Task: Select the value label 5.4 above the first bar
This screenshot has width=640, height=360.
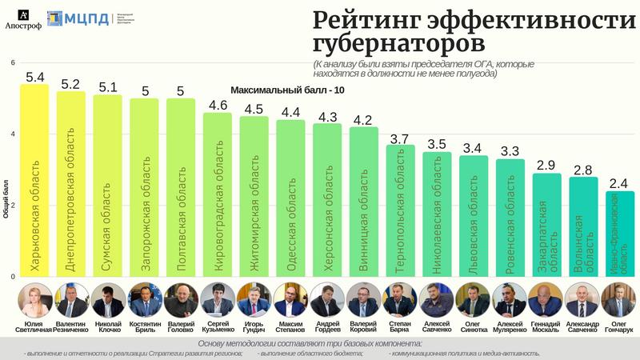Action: (x=34, y=78)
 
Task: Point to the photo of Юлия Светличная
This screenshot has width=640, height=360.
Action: (x=34, y=300)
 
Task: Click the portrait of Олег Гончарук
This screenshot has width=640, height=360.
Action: (x=618, y=300)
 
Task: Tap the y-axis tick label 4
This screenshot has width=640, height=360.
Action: (x=12, y=134)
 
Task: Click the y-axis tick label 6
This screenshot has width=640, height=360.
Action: (x=12, y=62)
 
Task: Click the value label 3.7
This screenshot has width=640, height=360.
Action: (x=399, y=138)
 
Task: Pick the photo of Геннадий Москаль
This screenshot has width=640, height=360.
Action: (x=546, y=300)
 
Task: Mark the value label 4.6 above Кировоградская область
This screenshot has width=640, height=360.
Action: (x=217, y=106)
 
